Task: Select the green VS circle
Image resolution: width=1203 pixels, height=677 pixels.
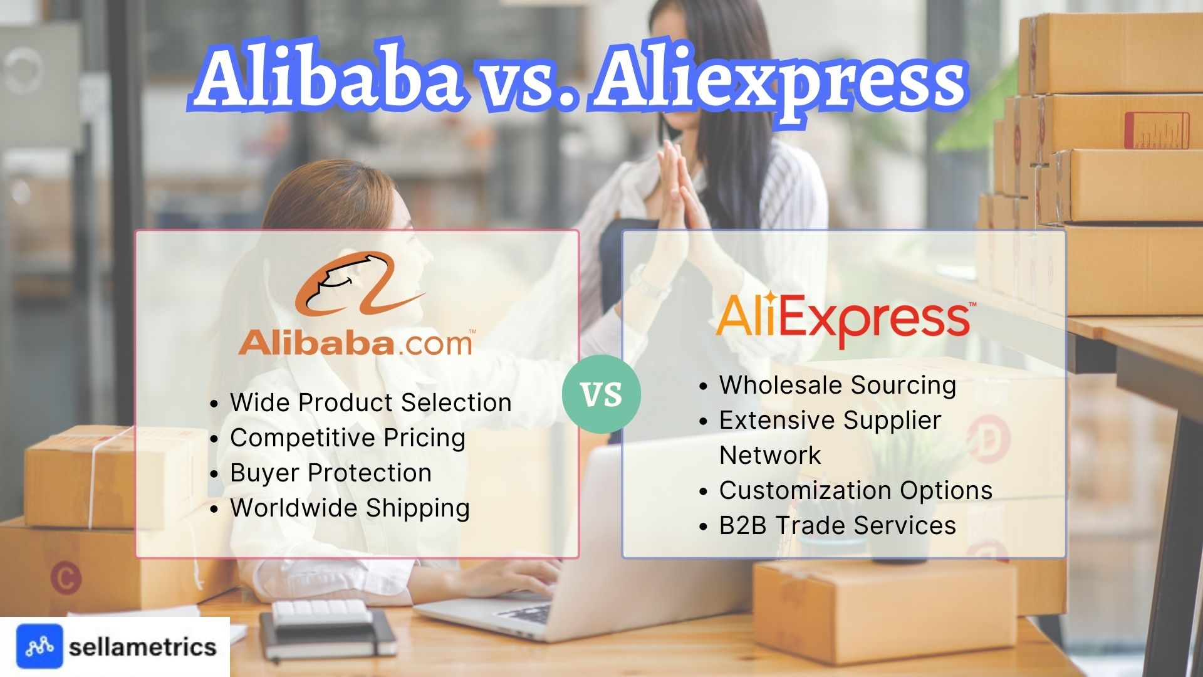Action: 601,394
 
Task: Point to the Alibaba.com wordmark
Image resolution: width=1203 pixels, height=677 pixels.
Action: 355,344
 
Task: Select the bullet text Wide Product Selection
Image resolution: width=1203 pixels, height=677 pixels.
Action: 370,402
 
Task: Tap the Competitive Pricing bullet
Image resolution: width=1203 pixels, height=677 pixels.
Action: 348,438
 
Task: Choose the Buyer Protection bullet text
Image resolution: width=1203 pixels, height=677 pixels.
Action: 331,473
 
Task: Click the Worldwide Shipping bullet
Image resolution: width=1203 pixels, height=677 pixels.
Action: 350,508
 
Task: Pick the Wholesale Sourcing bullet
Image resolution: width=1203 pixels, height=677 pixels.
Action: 837,385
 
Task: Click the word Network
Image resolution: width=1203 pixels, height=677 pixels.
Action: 770,455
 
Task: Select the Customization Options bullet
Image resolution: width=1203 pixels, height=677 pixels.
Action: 855,490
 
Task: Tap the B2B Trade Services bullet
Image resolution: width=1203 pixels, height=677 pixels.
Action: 837,525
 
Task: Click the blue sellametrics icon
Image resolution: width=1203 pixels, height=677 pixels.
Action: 39,646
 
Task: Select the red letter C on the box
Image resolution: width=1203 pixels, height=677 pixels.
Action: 66,578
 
